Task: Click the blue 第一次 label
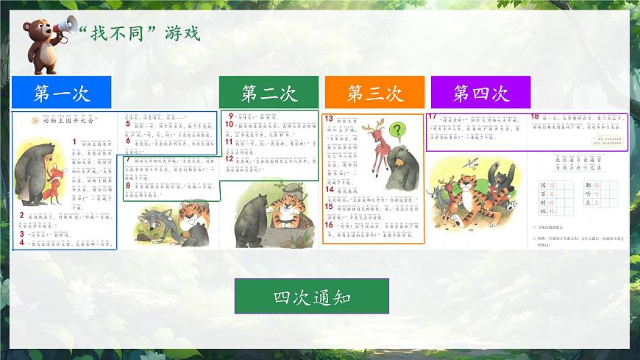click(61, 93)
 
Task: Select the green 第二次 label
click(269, 93)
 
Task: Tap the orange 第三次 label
click(374, 93)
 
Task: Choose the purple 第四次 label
click(480, 93)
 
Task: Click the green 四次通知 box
click(311, 297)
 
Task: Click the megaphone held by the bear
click(62, 27)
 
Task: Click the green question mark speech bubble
click(397, 131)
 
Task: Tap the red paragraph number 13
click(329, 119)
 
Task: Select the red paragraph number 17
click(433, 117)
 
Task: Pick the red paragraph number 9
click(230, 116)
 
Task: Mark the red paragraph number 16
click(329, 225)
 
